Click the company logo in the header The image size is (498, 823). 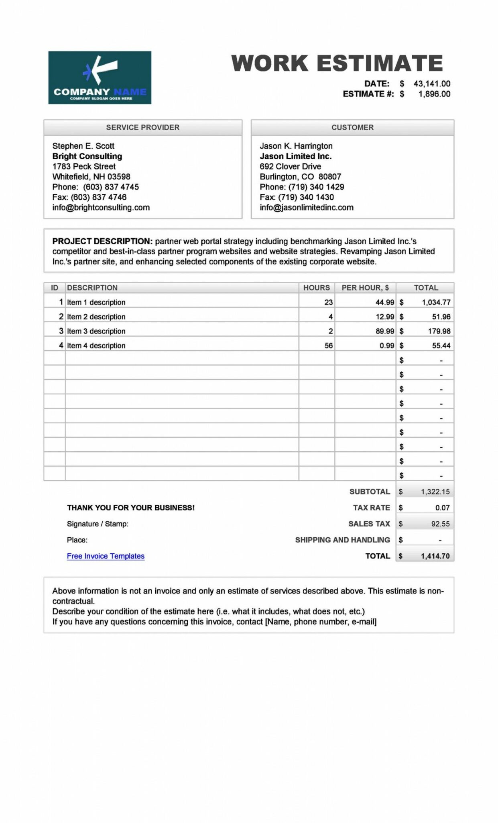(100, 78)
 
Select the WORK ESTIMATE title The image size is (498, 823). (337, 63)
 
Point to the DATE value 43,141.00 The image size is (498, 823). (432, 84)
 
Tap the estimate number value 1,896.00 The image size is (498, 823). (434, 94)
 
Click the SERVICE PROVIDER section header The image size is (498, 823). (142, 127)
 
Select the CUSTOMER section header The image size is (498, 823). (352, 127)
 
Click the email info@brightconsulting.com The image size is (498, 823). (101, 207)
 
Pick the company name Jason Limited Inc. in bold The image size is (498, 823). (295, 156)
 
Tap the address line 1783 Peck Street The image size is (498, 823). (84, 166)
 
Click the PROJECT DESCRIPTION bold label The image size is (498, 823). (102, 241)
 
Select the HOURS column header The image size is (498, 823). (316, 288)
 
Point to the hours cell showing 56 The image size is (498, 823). (329, 346)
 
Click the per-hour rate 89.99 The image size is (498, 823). (385, 331)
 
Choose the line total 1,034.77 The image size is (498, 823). (436, 302)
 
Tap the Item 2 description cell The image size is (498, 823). (96, 317)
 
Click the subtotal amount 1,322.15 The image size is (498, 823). (435, 491)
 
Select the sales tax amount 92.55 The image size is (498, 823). (440, 524)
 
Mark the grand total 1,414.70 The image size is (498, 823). (435, 556)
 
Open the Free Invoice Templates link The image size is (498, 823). (106, 556)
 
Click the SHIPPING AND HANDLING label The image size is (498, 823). (342, 540)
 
